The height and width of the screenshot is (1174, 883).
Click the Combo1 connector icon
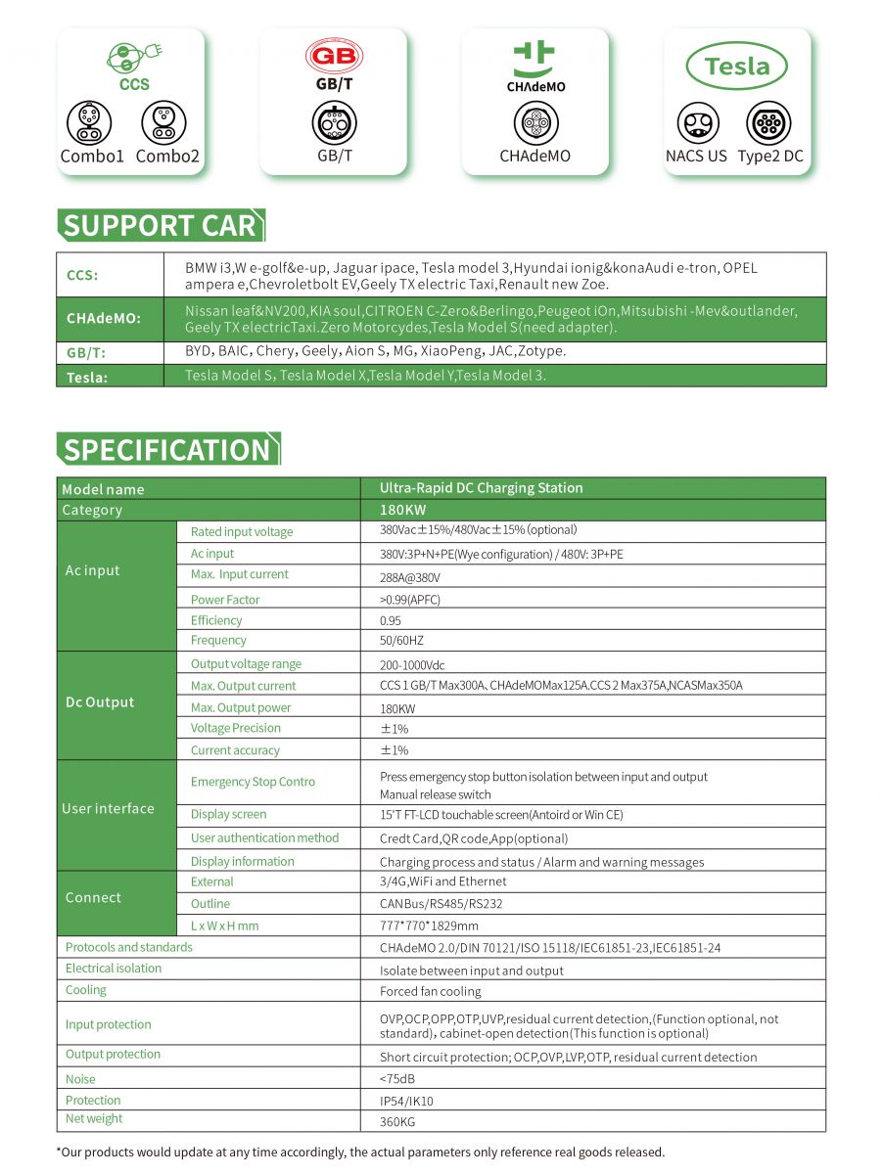[x=89, y=123]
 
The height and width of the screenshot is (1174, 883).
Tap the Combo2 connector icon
[x=163, y=123]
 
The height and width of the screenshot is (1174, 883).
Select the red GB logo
[x=334, y=56]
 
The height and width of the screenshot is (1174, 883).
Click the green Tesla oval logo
[x=736, y=67]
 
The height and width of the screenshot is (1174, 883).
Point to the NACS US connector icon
[x=698, y=123]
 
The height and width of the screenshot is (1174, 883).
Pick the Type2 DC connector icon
[x=768, y=123]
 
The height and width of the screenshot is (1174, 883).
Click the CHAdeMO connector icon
[x=535, y=123]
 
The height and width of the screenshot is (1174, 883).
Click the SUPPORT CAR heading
[x=160, y=226]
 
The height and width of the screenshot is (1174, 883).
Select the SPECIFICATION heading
[x=167, y=450]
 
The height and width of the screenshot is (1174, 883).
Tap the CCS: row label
[x=82, y=275]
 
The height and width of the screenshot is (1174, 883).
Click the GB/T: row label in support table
[x=86, y=353]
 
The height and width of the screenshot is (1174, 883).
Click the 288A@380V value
[x=410, y=577]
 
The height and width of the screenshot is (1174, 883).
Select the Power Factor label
[x=225, y=600]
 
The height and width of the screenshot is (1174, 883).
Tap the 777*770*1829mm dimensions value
[x=429, y=926]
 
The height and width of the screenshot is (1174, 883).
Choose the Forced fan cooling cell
[x=431, y=991]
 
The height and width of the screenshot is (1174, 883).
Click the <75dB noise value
[x=396, y=1079]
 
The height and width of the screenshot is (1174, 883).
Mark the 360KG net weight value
[x=397, y=1122]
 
